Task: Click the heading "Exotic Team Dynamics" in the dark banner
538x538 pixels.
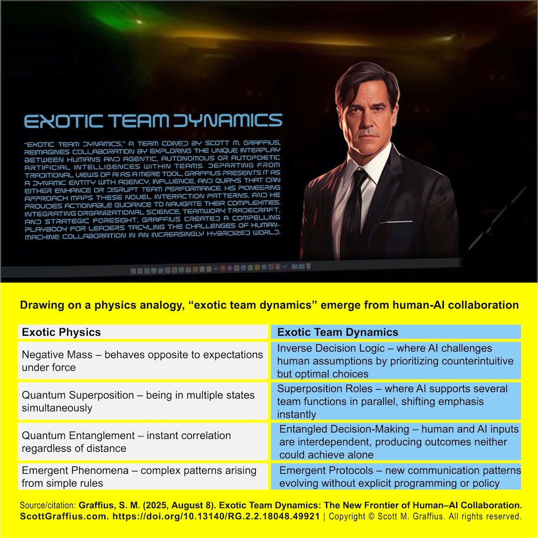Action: (x=153, y=121)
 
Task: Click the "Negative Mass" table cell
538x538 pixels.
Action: (x=143, y=361)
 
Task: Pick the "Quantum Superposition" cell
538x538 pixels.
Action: (x=143, y=401)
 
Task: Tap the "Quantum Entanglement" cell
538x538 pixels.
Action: (x=143, y=442)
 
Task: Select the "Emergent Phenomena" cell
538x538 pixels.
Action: (x=143, y=477)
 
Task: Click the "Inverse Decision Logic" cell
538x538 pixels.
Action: (x=395, y=361)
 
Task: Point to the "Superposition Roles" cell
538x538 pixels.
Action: (x=395, y=401)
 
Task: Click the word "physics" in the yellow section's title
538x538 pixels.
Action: (x=124, y=305)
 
